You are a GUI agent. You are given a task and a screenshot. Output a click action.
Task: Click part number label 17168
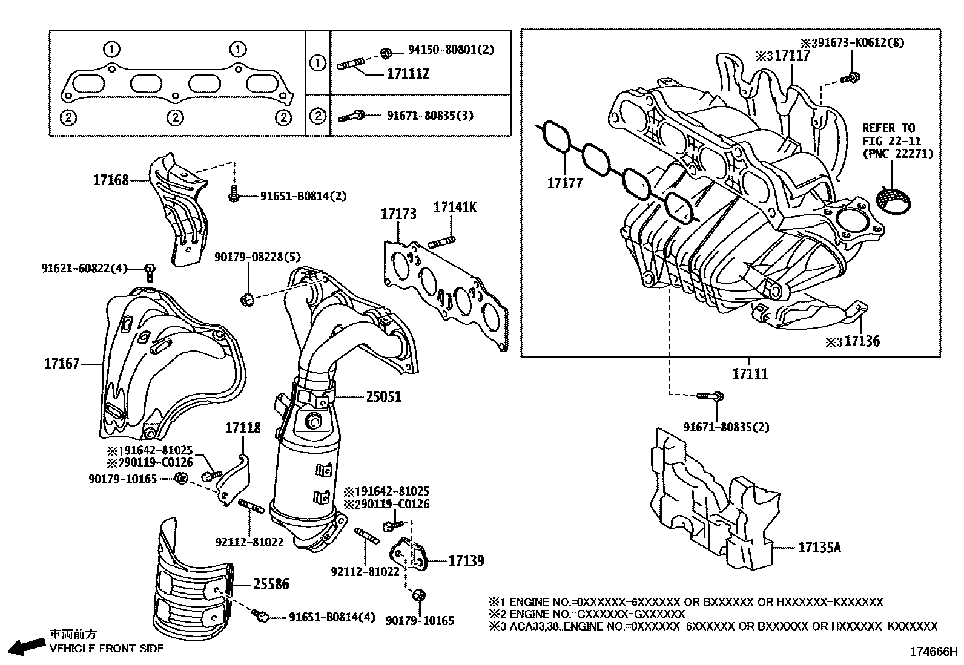(x=111, y=180)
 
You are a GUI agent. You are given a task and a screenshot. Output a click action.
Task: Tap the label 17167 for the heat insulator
(x=61, y=364)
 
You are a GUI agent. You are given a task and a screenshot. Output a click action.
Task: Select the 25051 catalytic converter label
(x=383, y=397)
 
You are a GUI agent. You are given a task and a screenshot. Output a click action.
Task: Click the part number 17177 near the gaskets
(x=564, y=183)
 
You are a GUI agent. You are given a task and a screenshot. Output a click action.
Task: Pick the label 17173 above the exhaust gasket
(x=398, y=214)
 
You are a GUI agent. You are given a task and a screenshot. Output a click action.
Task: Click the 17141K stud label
(x=455, y=208)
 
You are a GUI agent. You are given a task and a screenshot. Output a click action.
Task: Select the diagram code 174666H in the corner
(x=933, y=652)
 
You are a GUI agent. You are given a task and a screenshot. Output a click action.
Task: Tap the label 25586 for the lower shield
(x=271, y=585)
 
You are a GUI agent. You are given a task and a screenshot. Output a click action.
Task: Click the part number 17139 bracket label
(x=466, y=561)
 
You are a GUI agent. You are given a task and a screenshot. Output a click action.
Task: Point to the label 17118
(x=243, y=428)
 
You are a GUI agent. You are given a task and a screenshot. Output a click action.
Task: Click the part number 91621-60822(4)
(x=84, y=268)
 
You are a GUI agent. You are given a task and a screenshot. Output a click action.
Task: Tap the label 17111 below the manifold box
(x=750, y=374)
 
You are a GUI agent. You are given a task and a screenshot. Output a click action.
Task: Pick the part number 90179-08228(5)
(x=257, y=257)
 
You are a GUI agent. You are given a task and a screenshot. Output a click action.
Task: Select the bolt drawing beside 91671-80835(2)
(x=710, y=396)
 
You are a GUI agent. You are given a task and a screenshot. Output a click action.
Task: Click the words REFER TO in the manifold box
(x=888, y=128)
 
